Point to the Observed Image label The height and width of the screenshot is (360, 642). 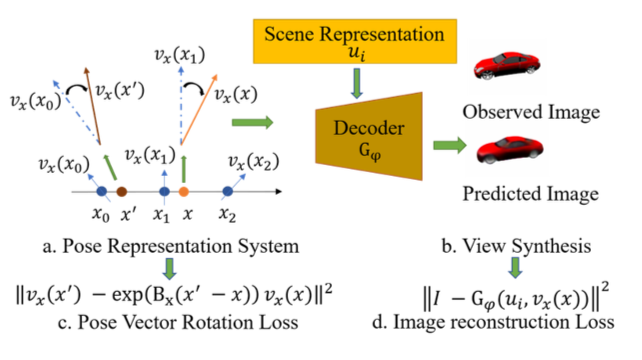tap(531, 111)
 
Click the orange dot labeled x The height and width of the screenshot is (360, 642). tap(183, 191)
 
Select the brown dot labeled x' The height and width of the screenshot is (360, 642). tap(121, 191)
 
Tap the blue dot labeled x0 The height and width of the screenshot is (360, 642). tap(101, 191)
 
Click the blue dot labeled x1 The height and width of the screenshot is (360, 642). tap(164, 191)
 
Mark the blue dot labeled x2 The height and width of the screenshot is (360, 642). tap(227, 191)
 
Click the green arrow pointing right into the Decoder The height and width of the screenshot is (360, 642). tap(252, 122)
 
